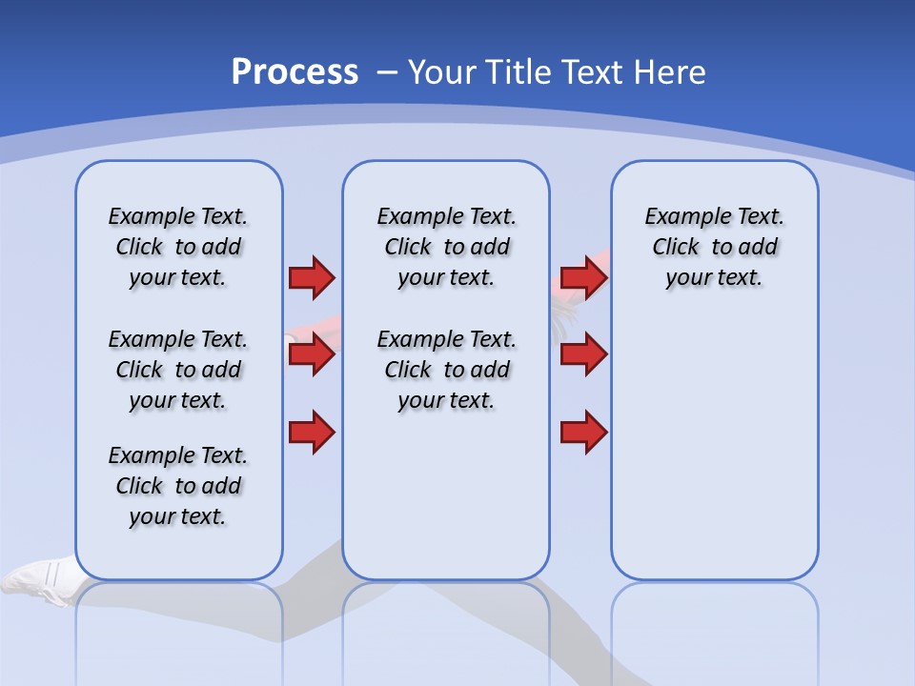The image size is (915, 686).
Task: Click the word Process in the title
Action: click(x=295, y=71)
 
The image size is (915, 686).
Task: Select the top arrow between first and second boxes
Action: click(x=311, y=277)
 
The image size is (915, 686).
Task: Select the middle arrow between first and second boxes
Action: click(x=311, y=354)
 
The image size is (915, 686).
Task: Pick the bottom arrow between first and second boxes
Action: click(x=311, y=432)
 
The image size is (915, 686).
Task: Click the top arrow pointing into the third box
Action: click(x=583, y=277)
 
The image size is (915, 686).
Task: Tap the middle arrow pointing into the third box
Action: click(x=583, y=354)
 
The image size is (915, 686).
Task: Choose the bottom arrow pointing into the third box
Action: click(x=583, y=432)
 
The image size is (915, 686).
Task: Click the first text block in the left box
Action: click(x=178, y=247)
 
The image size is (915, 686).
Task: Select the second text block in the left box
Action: click(x=178, y=370)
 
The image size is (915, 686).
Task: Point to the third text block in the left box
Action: click(x=178, y=486)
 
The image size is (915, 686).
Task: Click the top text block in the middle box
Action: click(x=447, y=247)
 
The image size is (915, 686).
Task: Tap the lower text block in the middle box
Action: click(x=447, y=370)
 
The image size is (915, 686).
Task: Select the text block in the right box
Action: click(x=715, y=247)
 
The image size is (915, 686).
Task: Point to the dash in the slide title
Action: click(x=387, y=72)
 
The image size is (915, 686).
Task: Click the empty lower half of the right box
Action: click(x=715, y=457)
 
